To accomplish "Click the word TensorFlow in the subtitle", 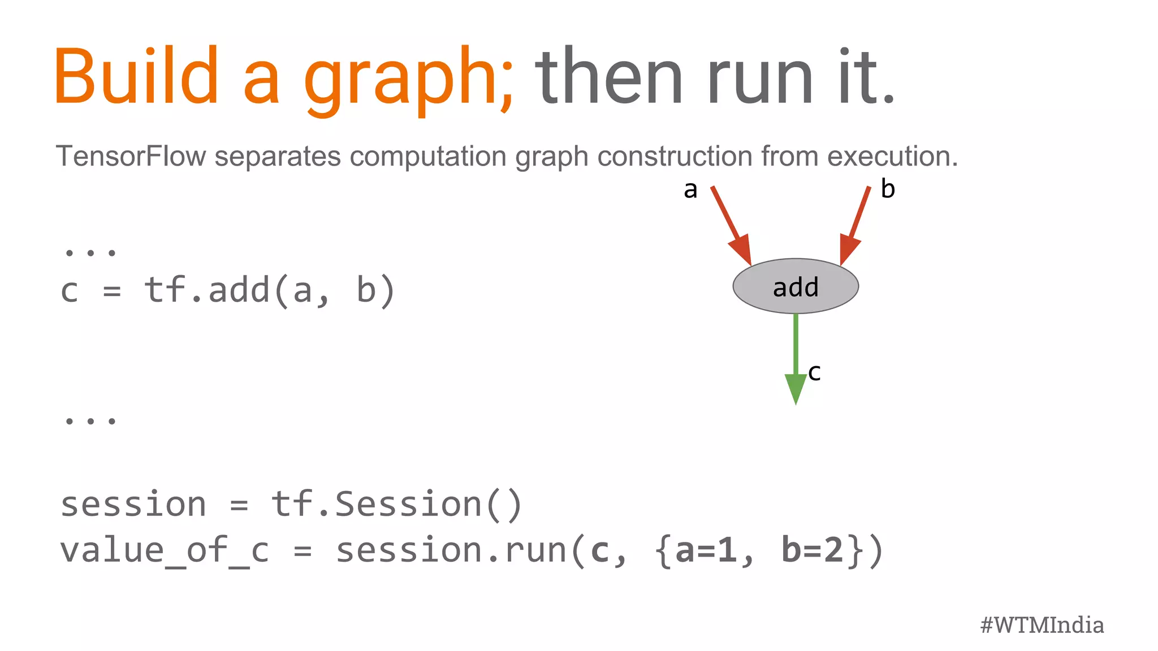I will [131, 156].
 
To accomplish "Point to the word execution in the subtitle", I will [893, 156].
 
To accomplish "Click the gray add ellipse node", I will [796, 287].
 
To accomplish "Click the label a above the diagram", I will [690, 190].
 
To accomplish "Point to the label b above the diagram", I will [888, 189].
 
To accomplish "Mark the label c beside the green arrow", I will [814, 372].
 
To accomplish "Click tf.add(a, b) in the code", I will [269, 290].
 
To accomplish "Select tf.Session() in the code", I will [396, 504].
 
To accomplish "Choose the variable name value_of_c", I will [165, 550].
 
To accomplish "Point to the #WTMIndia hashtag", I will [1042, 625].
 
